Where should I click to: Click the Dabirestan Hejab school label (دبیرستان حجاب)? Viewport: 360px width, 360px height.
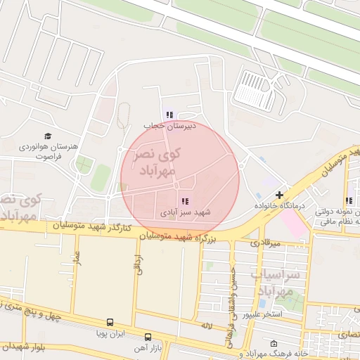click(169, 125)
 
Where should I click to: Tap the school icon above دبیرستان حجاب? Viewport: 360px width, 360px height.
click(169, 114)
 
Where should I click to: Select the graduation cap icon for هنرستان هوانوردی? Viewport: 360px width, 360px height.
click(48, 136)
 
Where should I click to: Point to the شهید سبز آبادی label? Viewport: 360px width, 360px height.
click(185, 212)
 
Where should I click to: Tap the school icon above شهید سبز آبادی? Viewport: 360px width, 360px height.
click(185, 201)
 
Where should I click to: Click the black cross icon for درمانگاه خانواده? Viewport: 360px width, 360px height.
click(279, 195)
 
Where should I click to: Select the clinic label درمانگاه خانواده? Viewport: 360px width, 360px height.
click(279, 207)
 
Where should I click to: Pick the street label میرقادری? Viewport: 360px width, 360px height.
click(265, 243)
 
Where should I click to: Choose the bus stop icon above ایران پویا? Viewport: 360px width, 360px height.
click(110, 323)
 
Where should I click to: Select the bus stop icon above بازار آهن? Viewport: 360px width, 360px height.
click(148, 337)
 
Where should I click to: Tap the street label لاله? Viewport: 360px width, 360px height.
click(206, 326)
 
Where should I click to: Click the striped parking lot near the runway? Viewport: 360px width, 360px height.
click(253, 92)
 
